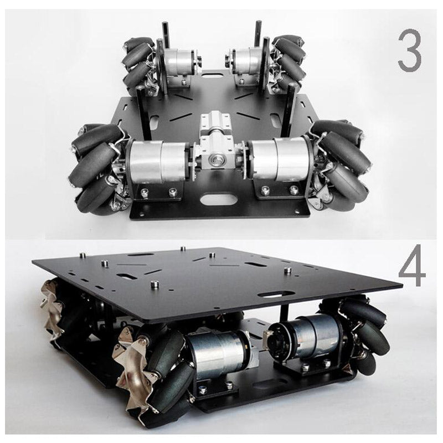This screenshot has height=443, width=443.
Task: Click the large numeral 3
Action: pyautogui.click(x=409, y=50)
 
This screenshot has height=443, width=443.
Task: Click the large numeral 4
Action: pyautogui.click(x=411, y=265)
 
